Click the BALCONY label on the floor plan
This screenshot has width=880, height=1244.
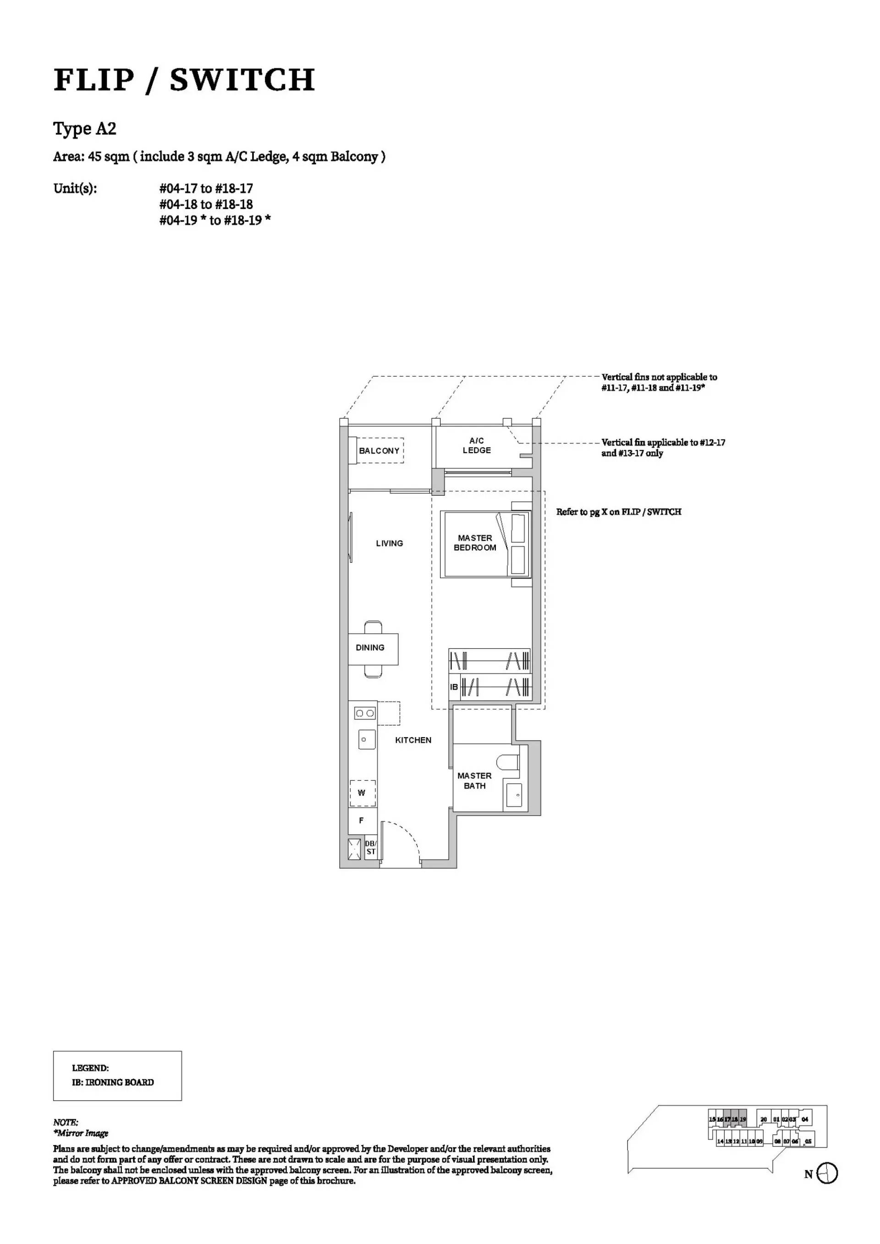tap(379, 451)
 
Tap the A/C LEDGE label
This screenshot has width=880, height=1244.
tap(477, 445)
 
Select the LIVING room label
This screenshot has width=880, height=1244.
tap(390, 543)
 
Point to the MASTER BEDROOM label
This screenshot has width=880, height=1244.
tap(475, 543)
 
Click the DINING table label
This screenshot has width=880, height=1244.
tap(370, 647)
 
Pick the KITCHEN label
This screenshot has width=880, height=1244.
tap(413, 740)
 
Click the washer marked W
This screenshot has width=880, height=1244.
tap(362, 793)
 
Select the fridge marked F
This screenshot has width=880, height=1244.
tap(362, 821)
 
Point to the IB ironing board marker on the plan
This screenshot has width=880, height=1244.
tap(454, 687)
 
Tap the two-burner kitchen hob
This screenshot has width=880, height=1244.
tap(365, 713)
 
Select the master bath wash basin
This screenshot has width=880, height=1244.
tap(514, 795)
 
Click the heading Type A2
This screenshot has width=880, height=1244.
tap(84, 129)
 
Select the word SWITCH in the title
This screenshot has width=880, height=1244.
tap(242, 80)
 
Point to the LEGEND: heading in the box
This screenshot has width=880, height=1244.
tap(90, 1069)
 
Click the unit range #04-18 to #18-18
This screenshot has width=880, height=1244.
tap(206, 204)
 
